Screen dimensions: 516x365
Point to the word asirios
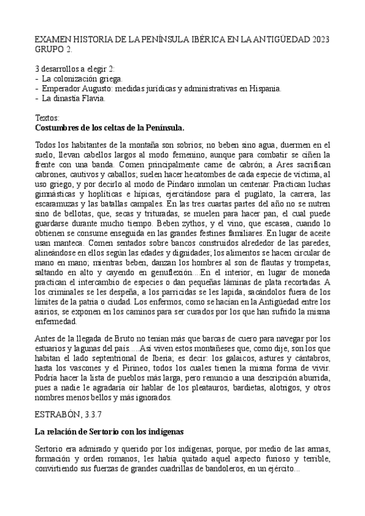[49, 311]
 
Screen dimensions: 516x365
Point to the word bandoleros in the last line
[223, 470]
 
